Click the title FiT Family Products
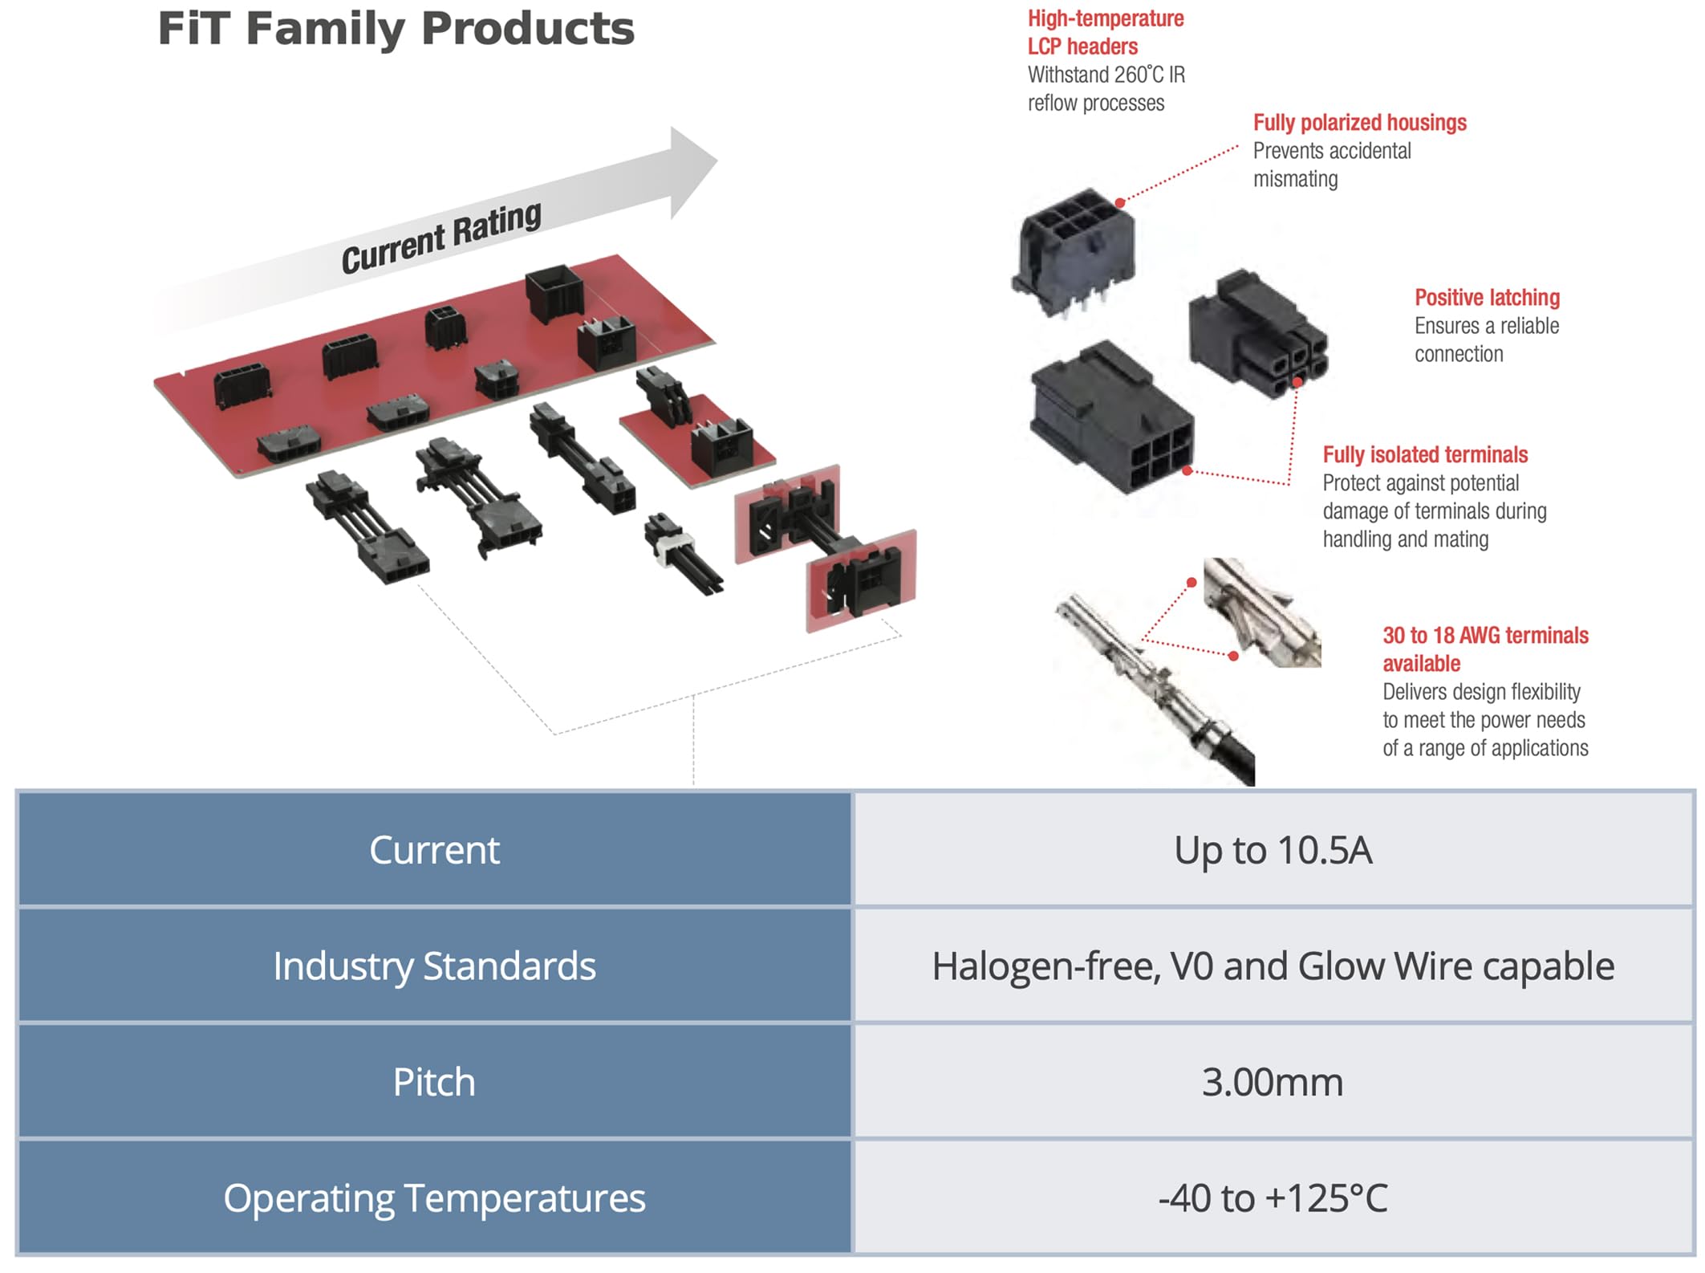coord(396,29)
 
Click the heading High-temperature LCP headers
coord(1105,32)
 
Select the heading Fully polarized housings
coord(1359,123)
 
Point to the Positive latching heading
coord(1486,298)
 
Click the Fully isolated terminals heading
coord(1424,455)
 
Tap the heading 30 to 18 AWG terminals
coord(1484,636)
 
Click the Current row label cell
coord(434,850)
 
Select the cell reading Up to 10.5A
coord(1273,850)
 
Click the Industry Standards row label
coord(434,966)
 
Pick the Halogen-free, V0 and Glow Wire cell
coord(1273,966)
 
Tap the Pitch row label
coord(434,1082)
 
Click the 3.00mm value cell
coord(1273,1082)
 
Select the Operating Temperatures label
coord(434,1198)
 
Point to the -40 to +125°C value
coord(1273,1198)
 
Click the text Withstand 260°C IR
coord(1106,75)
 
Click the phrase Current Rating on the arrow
coord(441,238)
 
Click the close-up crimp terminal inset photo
coord(1261,612)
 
